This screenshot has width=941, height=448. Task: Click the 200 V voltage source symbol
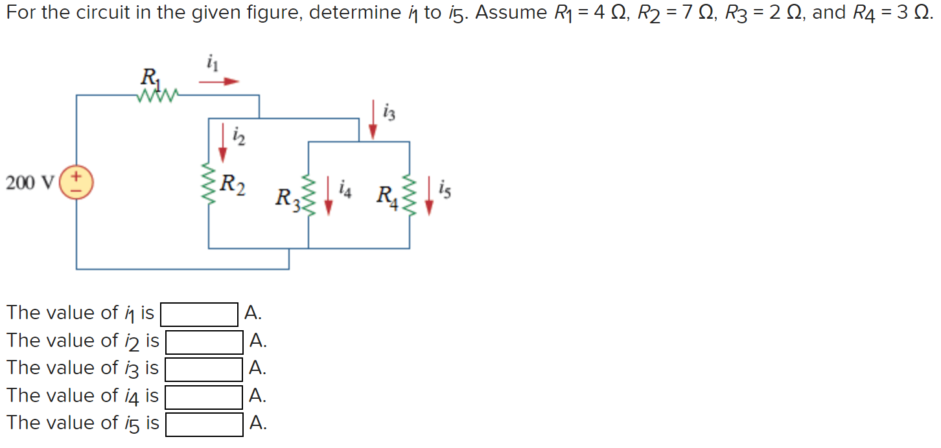(x=77, y=182)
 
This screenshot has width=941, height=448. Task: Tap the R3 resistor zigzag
(x=308, y=196)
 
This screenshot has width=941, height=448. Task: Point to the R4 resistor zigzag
(x=409, y=196)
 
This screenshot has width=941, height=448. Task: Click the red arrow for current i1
(x=218, y=82)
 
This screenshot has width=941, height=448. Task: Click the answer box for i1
(x=200, y=315)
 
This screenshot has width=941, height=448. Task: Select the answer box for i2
(x=204, y=342)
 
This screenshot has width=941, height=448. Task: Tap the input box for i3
(x=204, y=369)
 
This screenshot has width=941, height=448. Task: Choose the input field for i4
(x=204, y=396)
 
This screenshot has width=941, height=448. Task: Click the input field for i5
(x=204, y=424)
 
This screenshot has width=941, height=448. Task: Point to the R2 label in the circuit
(x=232, y=184)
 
